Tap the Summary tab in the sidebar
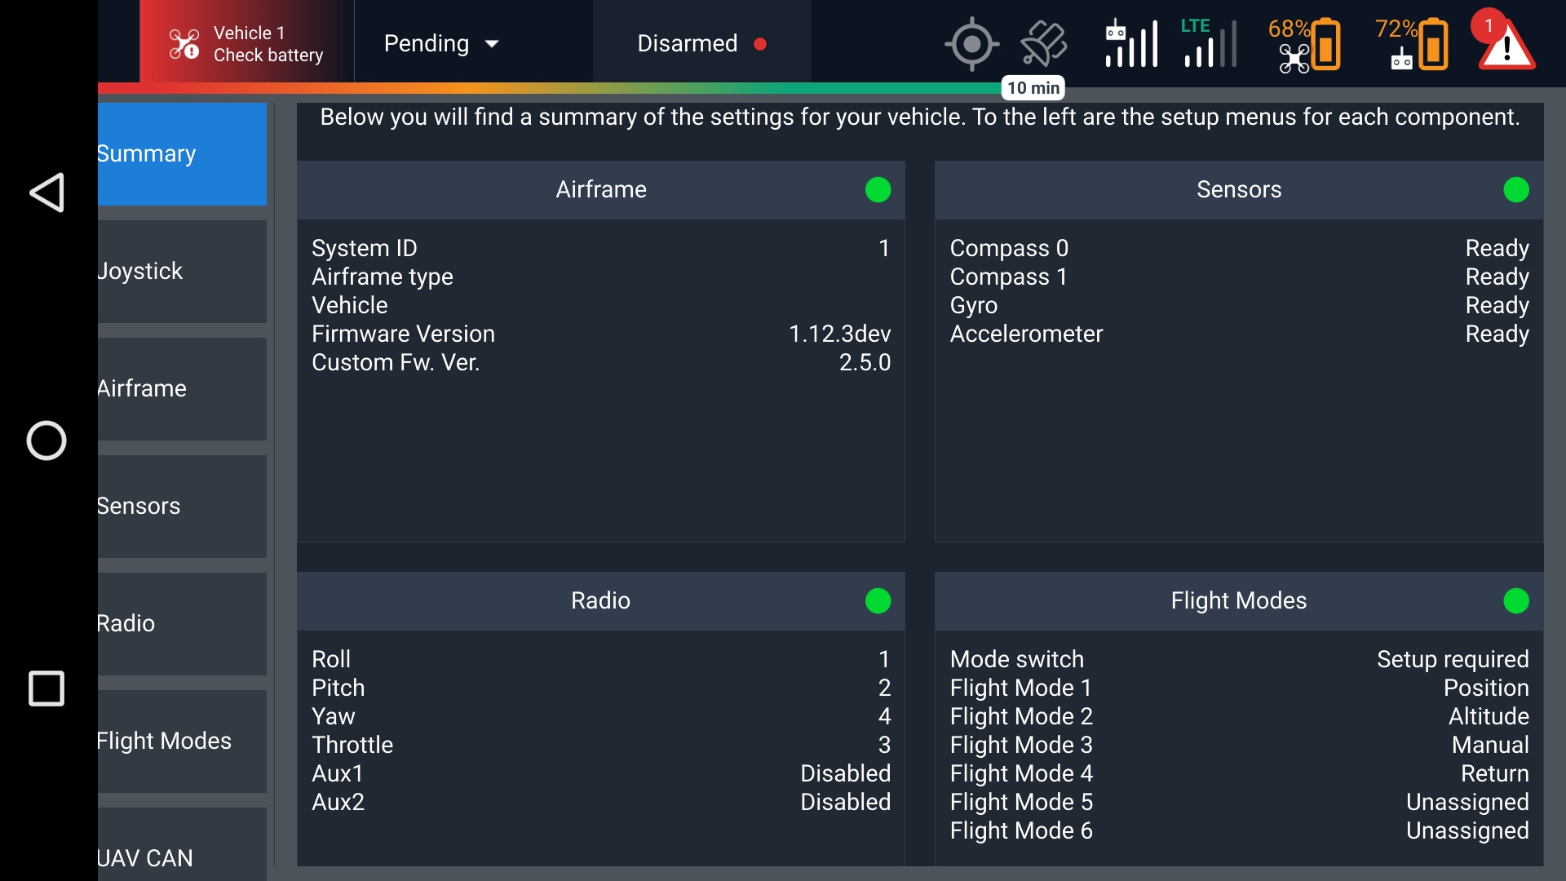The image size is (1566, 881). tap(181, 154)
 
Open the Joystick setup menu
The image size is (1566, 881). tap(181, 272)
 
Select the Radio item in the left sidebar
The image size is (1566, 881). tap(181, 624)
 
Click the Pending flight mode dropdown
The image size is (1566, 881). tap(441, 44)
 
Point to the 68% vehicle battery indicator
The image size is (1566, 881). tap(1304, 44)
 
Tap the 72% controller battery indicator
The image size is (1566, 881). tap(1412, 44)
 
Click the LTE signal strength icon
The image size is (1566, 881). tap(1208, 44)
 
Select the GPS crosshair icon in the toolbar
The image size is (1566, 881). tap(971, 44)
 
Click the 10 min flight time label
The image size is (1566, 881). tap(1033, 88)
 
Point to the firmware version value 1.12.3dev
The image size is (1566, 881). tap(839, 334)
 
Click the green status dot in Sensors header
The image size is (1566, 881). tap(1515, 190)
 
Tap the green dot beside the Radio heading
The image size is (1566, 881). tap(878, 601)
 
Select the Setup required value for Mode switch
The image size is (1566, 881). tap(1452, 659)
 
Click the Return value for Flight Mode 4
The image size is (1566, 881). tap(1494, 773)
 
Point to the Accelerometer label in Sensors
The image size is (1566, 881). tap(1026, 334)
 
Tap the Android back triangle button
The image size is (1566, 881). tap(46, 193)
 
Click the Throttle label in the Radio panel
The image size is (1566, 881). tap(352, 745)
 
